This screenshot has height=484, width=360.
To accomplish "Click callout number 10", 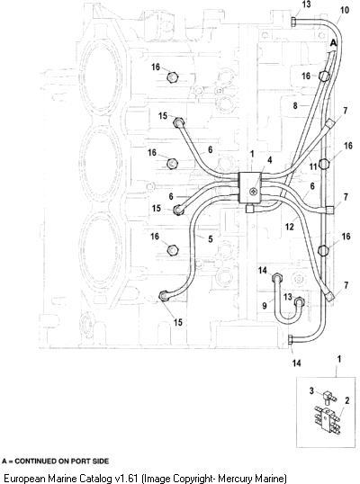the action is click(x=345, y=10).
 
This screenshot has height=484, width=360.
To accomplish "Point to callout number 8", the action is click(x=295, y=106).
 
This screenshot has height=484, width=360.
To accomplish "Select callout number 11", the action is click(x=313, y=166).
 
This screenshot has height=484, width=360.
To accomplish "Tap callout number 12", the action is click(x=289, y=227).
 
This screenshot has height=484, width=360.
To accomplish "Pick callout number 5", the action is click(x=211, y=239).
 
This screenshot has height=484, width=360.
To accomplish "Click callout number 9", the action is click(x=265, y=306).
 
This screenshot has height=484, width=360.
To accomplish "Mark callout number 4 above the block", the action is click(x=269, y=160).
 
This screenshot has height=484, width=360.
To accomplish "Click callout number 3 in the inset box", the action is click(x=311, y=391).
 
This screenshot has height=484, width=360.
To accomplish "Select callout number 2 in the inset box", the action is click(x=347, y=400).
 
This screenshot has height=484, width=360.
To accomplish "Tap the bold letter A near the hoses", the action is click(x=333, y=42).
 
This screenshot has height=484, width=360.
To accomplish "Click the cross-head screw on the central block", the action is click(x=253, y=192).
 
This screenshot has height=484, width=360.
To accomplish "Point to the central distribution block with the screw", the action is click(x=250, y=187).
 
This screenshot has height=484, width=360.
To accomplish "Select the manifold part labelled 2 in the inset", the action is click(x=328, y=419).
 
